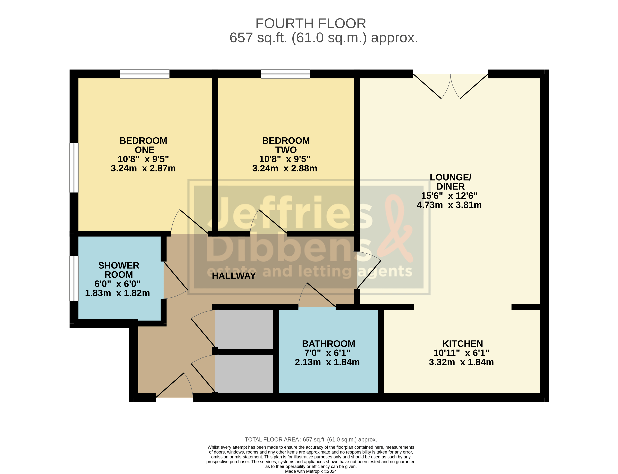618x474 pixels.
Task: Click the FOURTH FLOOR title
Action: coord(310,23)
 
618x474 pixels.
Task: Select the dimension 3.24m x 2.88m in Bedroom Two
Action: coord(284,168)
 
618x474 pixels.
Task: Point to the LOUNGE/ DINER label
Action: coord(450,182)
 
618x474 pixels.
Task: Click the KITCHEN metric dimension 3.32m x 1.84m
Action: coord(461,362)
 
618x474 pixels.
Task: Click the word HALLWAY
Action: coord(234,276)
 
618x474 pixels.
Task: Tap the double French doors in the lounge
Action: coord(450,86)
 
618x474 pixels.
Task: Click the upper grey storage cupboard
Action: coord(244,329)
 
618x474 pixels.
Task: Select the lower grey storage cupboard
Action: coord(244,374)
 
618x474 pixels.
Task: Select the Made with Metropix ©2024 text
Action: coord(310,471)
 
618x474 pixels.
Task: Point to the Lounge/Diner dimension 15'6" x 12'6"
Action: coord(449,196)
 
